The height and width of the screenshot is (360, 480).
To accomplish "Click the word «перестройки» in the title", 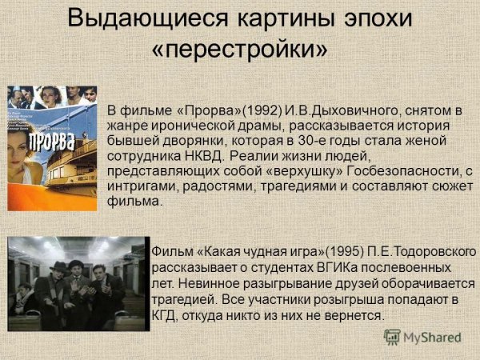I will point(240,49).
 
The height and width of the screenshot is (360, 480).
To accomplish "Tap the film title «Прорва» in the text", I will point(183,110).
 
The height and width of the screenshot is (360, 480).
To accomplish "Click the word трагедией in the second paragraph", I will point(183,300).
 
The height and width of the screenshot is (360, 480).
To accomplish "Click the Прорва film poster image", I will point(52,148).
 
